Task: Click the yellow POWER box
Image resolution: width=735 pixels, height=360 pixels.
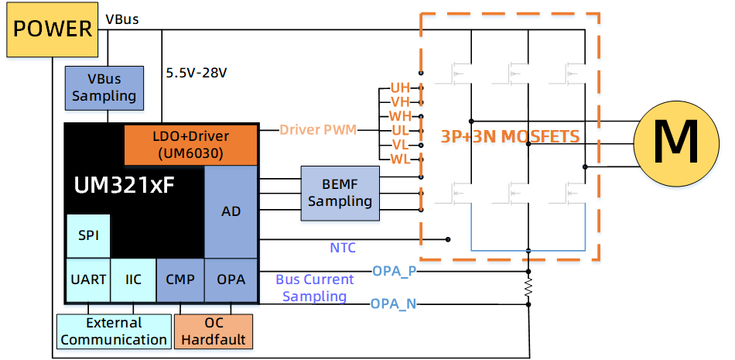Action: click(53, 29)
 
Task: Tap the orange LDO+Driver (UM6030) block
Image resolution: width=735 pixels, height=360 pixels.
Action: click(190, 145)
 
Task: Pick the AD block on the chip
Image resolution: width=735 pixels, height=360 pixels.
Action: click(231, 211)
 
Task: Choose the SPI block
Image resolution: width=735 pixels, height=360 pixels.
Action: click(88, 235)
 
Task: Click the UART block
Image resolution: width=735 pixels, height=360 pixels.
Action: click(88, 279)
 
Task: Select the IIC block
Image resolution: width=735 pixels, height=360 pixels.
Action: click(133, 279)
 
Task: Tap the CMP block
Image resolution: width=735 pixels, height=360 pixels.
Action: click(180, 279)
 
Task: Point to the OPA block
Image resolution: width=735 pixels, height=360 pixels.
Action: click(231, 279)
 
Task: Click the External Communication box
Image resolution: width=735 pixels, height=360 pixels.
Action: click(114, 331)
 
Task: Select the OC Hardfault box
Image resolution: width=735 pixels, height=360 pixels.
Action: click(214, 331)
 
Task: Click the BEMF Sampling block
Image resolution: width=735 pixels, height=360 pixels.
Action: click(340, 193)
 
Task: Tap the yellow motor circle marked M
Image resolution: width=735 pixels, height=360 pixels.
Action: click(667, 142)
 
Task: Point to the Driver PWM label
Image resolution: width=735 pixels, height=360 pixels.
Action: click(318, 129)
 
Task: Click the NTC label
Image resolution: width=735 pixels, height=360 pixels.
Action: click(343, 248)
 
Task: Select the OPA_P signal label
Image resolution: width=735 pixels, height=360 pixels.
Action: click(395, 271)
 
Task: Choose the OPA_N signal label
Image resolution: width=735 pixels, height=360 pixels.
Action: click(394, 303)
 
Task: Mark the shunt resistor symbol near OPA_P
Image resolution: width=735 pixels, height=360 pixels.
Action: click(528, 288)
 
